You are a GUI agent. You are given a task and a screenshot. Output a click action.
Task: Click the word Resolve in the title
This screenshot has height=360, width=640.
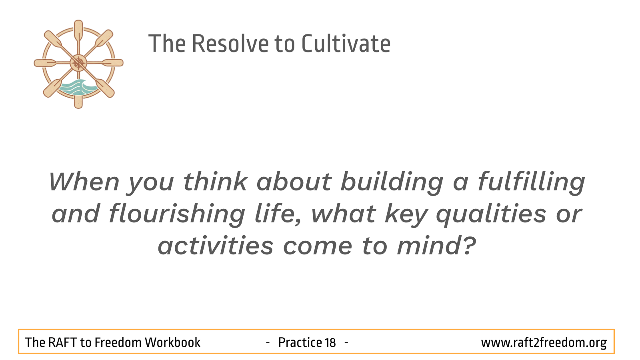[x=230, y=44]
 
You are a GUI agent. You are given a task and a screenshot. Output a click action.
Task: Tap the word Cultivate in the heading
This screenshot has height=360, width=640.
[x=346, y=44]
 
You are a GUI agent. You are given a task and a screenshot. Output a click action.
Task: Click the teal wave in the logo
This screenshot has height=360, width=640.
[x=77, y=87]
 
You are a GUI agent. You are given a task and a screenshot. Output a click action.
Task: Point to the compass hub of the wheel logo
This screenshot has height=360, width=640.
[x=78, y=63]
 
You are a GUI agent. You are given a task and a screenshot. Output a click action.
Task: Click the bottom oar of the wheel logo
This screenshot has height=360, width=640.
[x=78, y=98]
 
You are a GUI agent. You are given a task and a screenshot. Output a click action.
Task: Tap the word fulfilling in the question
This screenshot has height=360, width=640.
[x=531, y=182]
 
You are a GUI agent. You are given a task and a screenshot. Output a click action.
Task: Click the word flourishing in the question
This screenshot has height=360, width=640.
[x=176, y=214]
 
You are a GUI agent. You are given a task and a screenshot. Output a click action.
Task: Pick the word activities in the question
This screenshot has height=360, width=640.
[x=216, y=246]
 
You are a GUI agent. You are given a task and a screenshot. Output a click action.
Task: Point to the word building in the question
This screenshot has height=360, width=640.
[x=392, y=182]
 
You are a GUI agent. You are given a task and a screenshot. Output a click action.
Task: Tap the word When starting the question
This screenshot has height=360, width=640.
[x=84, y=182]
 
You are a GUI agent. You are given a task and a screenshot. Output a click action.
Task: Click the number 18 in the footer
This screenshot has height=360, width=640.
[x=330, y=342]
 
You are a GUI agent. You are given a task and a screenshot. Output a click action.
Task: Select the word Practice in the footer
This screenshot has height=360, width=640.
[x=300, y=342]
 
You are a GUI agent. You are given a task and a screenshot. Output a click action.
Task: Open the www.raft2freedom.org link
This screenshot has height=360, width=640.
[x=544, y=342]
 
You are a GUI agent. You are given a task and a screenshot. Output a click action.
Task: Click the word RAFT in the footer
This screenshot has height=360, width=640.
[x=62, y=342]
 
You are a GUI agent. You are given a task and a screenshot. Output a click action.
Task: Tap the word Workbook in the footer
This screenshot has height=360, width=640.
[x=172, y=342]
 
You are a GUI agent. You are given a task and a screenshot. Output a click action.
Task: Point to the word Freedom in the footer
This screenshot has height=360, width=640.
[x=118, y=342]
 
